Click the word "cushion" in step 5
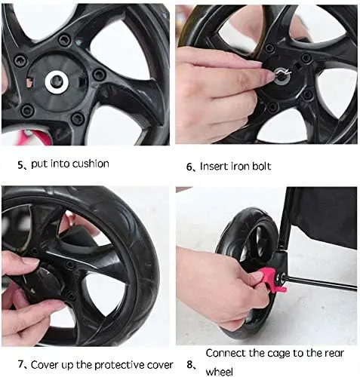click(x=91, y=164)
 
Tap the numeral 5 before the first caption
click(x=20, y=165)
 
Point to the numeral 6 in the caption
click(x=189, y=167)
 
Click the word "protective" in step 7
click(x=119, y=366)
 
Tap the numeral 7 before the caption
click(x=20, y=364)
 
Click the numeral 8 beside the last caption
click(x=189, y=365)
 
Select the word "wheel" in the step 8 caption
click(x=219, y=372)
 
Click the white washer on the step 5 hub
click(x=57, y=81)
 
